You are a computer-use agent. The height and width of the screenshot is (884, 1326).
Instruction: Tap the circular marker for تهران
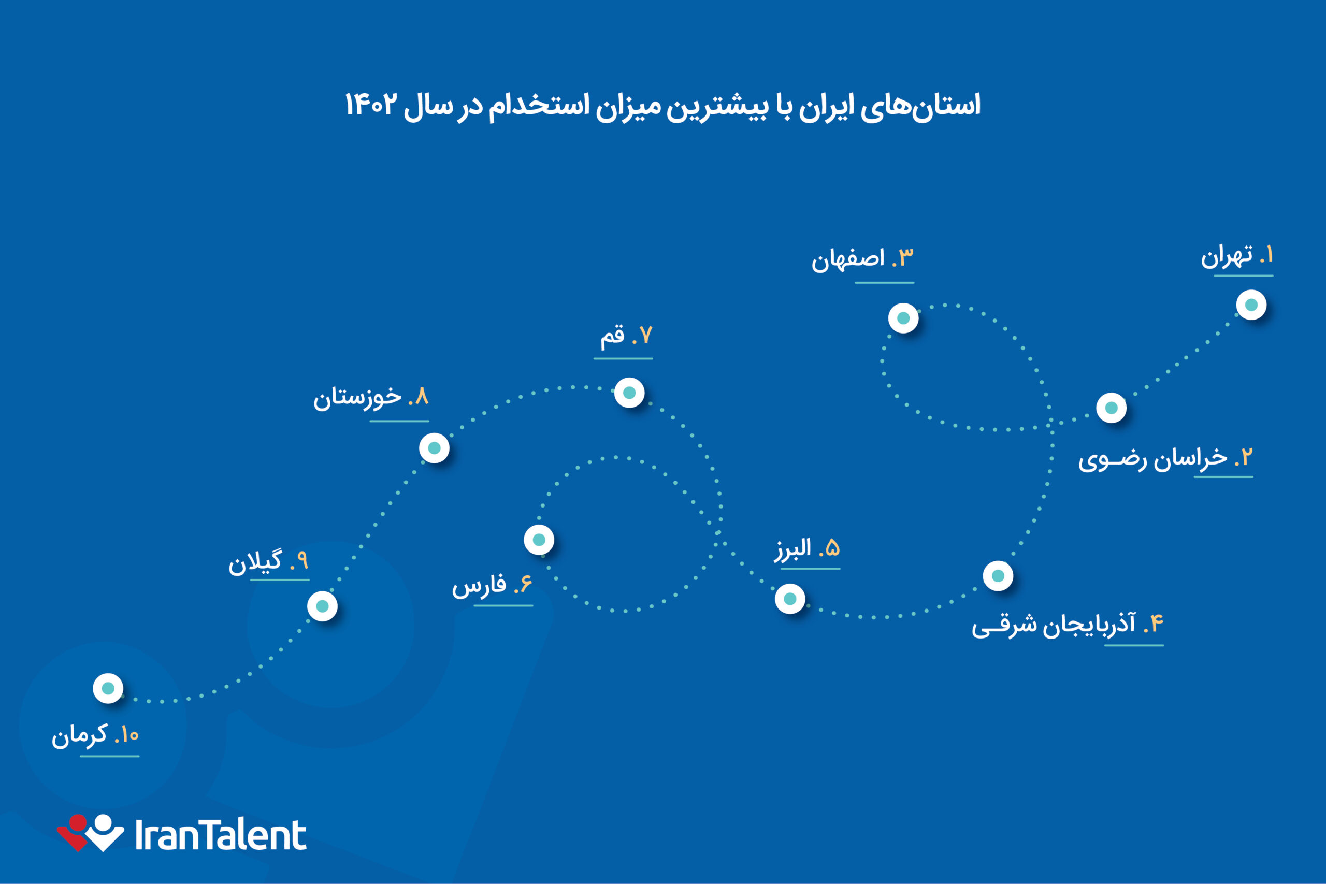tap(1251, 305)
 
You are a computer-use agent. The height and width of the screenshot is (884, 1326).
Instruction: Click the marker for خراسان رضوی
tap(1111, 408)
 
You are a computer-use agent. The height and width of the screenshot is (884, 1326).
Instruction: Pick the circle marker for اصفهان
tap(903, 318)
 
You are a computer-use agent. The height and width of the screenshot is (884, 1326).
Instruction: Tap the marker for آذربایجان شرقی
tap(998, 576)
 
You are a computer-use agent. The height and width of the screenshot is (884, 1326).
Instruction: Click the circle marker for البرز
tap(790, 599)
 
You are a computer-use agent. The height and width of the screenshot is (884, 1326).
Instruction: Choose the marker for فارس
tap(539, 540)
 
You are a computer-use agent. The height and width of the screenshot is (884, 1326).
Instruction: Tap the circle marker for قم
tap(629, 393)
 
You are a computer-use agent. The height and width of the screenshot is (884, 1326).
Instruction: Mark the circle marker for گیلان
tap(323, 606)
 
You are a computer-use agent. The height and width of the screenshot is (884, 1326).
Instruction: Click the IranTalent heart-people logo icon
tap(90, 832)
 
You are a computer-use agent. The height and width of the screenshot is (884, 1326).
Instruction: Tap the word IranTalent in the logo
tap(221, 835)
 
